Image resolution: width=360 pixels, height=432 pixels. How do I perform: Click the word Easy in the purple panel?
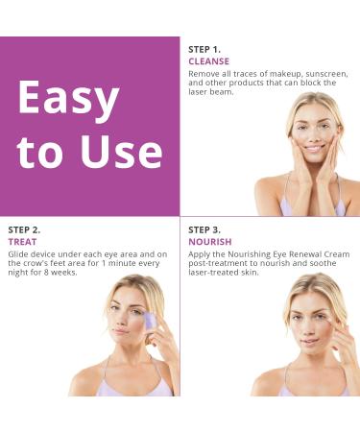pos(68,99)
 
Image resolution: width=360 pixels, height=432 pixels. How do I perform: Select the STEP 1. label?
pos(204,49)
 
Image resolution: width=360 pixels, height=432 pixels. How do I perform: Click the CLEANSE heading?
pos(208,61)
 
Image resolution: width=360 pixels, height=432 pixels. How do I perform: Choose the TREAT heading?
pos(22,242)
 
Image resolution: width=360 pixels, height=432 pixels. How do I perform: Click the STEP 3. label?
pos(204,229)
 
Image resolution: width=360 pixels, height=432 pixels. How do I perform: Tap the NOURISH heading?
pos(210,242)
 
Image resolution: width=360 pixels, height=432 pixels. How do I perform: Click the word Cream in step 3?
pos(336,253)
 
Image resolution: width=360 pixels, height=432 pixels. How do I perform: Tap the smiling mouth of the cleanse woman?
pos(315,150)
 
